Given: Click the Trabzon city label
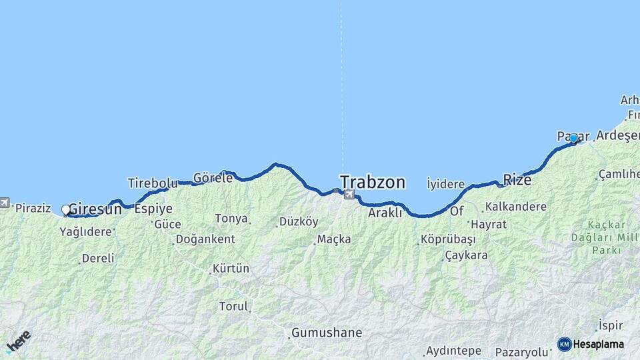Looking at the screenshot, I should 372,181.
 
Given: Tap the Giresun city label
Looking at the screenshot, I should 95,208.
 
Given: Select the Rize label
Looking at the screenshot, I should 517,179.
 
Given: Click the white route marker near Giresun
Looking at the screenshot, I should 66,210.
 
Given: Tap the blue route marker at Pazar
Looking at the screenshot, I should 573,138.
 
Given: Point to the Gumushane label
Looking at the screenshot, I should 327,332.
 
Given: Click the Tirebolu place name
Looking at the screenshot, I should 153,183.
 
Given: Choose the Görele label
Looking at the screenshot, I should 213,178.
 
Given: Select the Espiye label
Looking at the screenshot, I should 153,208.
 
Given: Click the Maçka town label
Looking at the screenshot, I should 334,239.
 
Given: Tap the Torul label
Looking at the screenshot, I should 233,307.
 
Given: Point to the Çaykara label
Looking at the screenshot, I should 466,255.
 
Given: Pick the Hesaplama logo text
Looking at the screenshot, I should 598,344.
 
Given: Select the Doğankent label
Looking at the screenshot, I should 205,239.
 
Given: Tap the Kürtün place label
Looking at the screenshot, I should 231,269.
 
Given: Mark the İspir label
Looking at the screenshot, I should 611,325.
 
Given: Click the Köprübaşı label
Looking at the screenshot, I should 448,239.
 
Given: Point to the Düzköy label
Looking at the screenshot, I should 299,221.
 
